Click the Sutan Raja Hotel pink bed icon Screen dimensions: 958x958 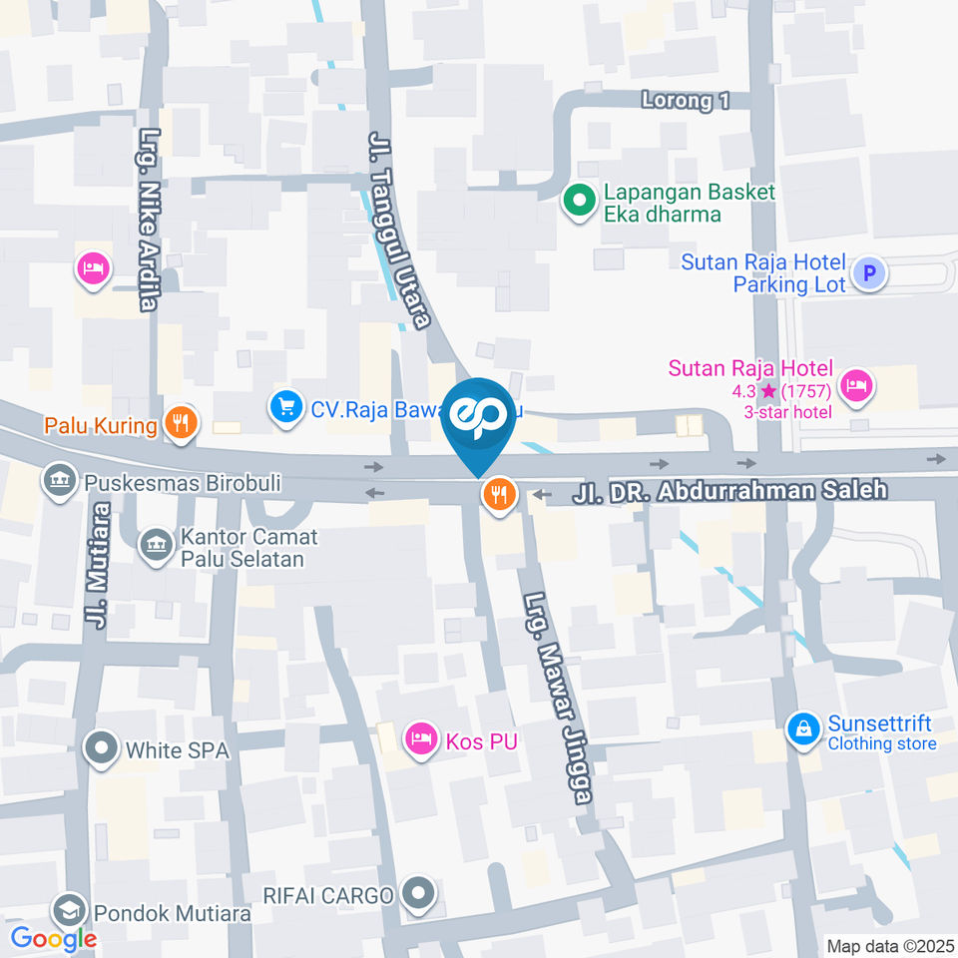pos(855,383)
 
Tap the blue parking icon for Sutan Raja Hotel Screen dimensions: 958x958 pos(869,271)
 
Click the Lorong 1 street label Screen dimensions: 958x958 pos(686,101)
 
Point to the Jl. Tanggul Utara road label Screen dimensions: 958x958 pos(399,230)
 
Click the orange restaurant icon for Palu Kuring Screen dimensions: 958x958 pos(181,422)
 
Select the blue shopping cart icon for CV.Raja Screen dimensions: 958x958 pos(286,406)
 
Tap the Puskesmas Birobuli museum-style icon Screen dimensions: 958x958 pos(60,482)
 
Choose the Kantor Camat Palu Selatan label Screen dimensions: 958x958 pos(248,547)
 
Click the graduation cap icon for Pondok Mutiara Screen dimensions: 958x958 pos(69,911)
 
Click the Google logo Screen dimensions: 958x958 pos(53,938)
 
